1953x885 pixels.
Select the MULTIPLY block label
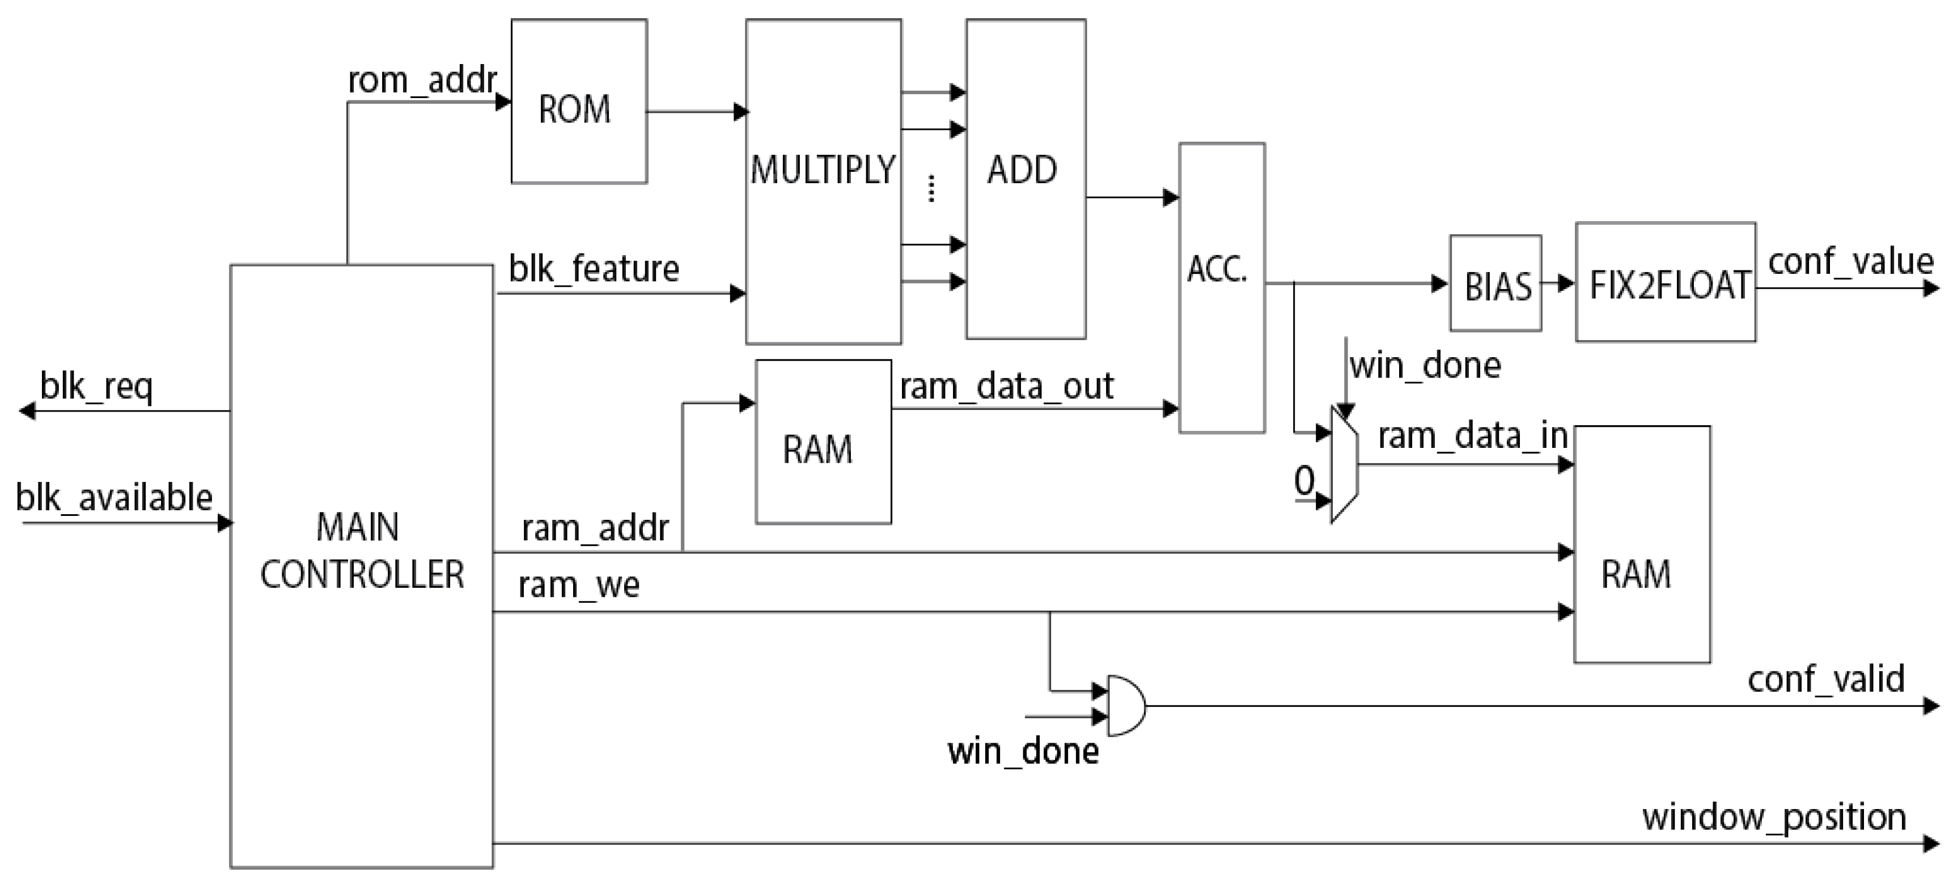tap(823, 170)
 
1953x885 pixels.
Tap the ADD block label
tap(1022, 170)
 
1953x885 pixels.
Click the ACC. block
tap(1221, 288)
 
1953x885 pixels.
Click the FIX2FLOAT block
tap(1666, 283)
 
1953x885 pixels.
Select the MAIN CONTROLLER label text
tap(362, 551)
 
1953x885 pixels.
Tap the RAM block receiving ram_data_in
tap(1641, 544)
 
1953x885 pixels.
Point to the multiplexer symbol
tap(1344, 464)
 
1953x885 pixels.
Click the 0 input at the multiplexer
tap(1304, 480)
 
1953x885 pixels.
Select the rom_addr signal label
tap(422, 79)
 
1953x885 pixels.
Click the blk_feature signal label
tap(594, 269)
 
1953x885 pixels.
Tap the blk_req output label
tap(96, 387)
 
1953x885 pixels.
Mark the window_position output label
tap(1774, 818)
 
